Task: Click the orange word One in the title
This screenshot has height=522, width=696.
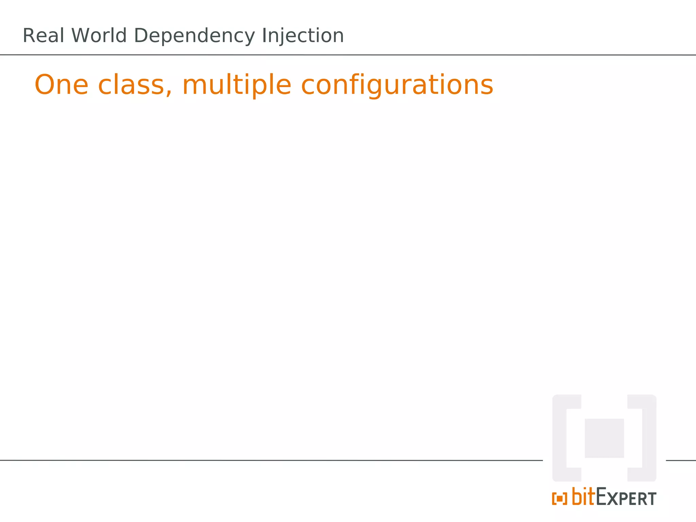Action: coord(62,85)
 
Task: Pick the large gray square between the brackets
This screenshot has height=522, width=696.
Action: coord(604,438)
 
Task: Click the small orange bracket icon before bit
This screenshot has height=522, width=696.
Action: coord(559,499)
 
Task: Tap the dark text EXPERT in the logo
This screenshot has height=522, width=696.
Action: coord(626,498)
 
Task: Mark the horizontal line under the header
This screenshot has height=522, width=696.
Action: coord(348,55)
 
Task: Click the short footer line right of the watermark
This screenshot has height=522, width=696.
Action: coord(681,460)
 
